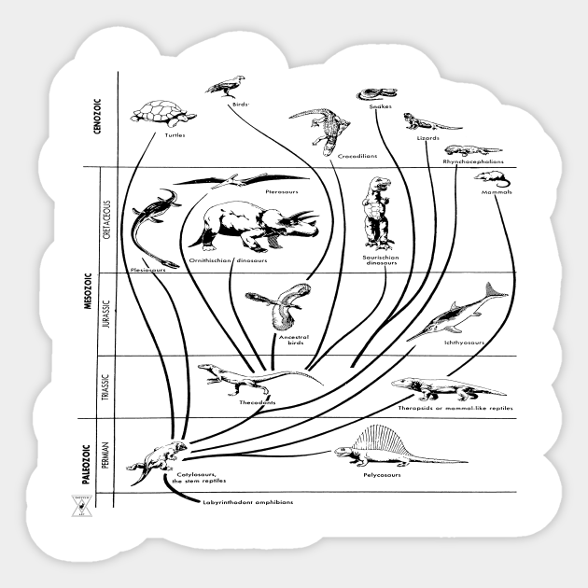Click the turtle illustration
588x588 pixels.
point(163,113)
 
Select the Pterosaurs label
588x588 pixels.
point(281,191)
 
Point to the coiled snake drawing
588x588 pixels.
point(373,94)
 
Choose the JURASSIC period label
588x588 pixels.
point(106,314)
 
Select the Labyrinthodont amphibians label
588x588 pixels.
point(247,502)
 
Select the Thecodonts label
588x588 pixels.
point(258,402)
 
